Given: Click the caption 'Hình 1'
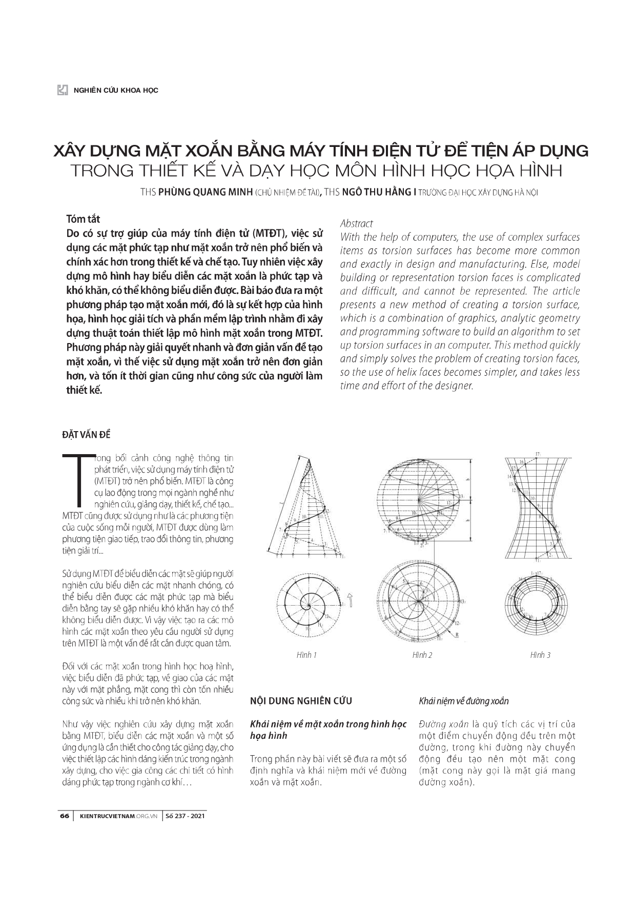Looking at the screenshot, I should pos(306,655).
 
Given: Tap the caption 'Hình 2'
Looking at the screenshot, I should pos(422,655).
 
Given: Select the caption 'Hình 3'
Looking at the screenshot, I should pos(540,655).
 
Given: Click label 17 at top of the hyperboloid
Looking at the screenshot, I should pos(538,454).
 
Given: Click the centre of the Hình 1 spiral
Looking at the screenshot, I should pos(309,606).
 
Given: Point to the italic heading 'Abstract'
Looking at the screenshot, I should pos(357,224).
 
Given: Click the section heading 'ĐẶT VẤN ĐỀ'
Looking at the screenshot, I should pos(86,435).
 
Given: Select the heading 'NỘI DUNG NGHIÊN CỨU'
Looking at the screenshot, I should pos(301,701).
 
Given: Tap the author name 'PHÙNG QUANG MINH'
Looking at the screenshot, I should pos(205,193).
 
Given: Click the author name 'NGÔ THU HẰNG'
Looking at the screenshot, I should pos(376,193).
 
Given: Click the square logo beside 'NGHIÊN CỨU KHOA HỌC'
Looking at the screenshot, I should pos(63,90).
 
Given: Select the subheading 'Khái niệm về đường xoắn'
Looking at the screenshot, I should pos(464,701).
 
